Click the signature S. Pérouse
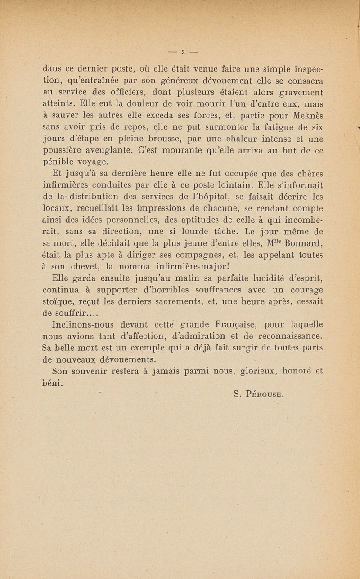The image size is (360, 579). [258, 394]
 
